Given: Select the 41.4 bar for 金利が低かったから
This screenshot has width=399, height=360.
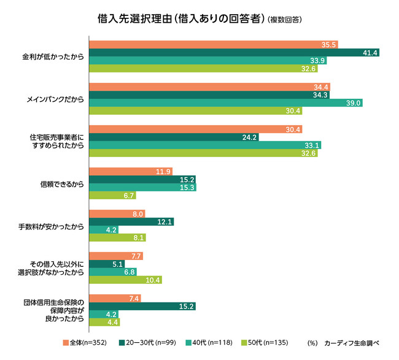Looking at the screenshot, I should pyautogui.click(x=234, y=53).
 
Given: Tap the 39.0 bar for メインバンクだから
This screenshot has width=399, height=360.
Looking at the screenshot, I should pyautogui.click(x=225, y=103).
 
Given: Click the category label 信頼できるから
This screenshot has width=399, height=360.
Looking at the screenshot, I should pyautogui.click(x=61, y=183).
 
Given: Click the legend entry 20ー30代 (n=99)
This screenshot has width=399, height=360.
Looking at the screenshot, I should pyautogui.click(x=149, y=342).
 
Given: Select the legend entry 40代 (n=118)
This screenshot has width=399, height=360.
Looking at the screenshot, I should pyautogui.click(x=212, y=342).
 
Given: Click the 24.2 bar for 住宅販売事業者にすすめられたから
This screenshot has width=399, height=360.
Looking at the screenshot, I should pyautogui.click(x=174, y=137).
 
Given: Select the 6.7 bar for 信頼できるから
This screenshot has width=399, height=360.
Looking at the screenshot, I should pyautogui.click(x=112, y=196).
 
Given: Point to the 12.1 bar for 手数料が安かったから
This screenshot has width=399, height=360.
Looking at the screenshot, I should pyautogui.click(x=131, y=221).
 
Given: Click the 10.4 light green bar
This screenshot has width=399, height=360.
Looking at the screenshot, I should pyautogui.click(x=126, y=280).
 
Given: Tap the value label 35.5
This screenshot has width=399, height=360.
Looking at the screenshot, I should pyautogui.click(x=328, y=45).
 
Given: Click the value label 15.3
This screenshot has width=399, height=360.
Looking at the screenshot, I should pyautogui.click(x=187, y=188).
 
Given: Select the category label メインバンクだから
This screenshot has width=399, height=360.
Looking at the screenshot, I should pyautogui.click(x=56, y=99).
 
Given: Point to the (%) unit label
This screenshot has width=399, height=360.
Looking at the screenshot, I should pyautogui.click(x=314, y=342).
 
